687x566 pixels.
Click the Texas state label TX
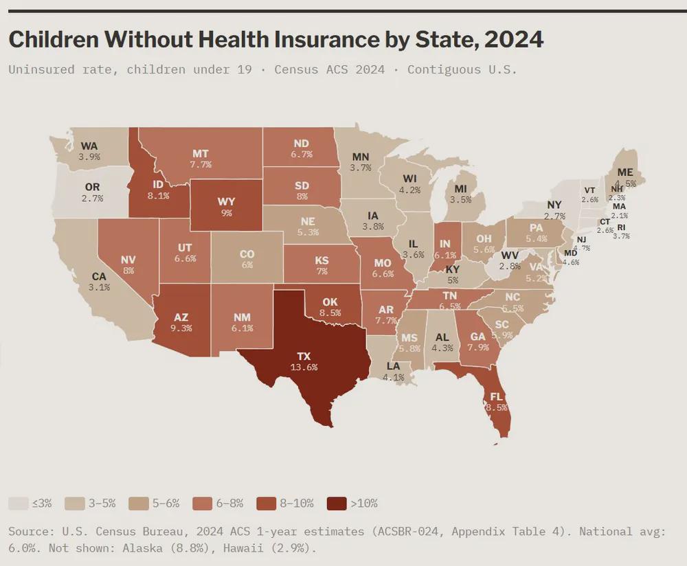303,356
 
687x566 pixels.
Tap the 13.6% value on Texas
303,367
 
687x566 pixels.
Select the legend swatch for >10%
336,503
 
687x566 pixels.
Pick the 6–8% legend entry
218,503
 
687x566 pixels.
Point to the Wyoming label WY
226,202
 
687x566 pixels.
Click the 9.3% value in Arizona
181,328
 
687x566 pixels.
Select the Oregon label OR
92,187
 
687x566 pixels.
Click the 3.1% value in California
99,288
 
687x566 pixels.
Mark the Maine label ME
625,172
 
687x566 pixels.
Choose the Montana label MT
201,154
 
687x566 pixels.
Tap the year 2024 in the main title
514,39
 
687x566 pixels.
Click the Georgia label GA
478,337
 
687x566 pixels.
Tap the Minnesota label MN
360,156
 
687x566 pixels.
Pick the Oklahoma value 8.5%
331,313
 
